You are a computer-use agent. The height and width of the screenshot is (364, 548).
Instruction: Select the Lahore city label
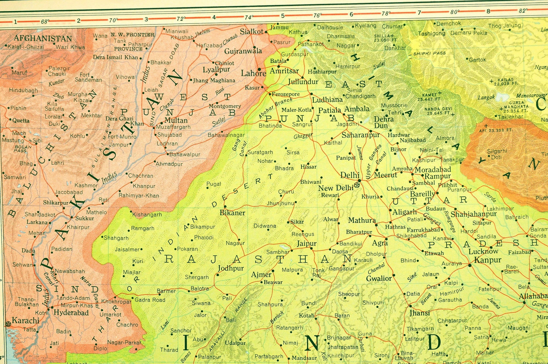[253, 73]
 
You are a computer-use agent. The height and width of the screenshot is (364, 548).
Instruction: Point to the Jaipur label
[307, 244]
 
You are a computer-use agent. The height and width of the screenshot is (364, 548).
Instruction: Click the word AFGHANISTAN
[43, 38]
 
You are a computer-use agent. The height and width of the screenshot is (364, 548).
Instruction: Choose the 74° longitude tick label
[248, 17]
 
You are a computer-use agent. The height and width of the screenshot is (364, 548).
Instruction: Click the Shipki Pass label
[429, 53]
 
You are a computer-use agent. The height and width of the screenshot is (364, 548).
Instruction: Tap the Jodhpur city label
[231, 268]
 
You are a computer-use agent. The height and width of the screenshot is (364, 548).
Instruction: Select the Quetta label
[21, 121]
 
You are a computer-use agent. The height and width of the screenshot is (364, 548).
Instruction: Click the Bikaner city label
[232, 213]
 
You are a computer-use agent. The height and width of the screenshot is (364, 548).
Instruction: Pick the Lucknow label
[483, 252]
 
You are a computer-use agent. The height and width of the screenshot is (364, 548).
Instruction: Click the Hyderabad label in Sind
[71, 313]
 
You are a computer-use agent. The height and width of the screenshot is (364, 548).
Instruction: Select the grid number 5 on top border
[282, 16]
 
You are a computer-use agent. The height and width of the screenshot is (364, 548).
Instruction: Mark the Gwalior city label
[379, 278]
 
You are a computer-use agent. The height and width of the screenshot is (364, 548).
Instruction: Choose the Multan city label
[176, 120]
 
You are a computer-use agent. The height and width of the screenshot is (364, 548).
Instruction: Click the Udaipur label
[235, 343]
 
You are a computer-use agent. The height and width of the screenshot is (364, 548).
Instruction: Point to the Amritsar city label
[284, 71]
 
